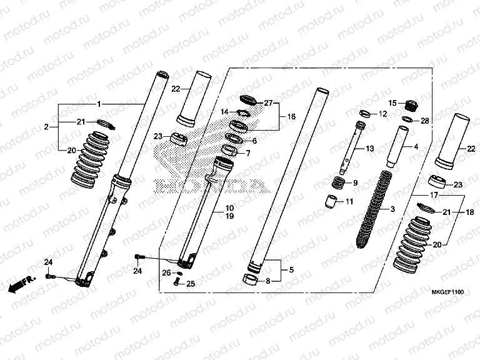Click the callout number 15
coord(392,103)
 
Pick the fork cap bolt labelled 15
coord(411,104)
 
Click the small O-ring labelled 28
coord(407,119)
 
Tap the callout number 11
coord(349,201)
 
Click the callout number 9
coord(355,183)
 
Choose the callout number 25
coord(191,284)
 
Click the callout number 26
coord(166,272)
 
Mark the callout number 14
coord(224,111)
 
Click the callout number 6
coord(253,141)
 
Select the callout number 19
coord(212,216)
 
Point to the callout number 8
coord(268,281)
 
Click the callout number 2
coord(46,127)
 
